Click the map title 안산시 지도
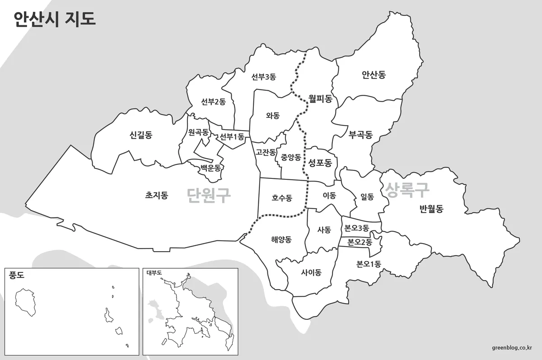(x=55, y=19)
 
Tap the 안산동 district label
(x=374, y=75)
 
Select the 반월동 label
(x=431, y=208)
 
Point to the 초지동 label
(x=157, y=195)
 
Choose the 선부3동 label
(x=264, y=77)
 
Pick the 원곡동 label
(x=198, y=132)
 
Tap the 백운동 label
(x=210, y=168)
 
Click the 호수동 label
(x=282, y=197)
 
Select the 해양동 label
(x=281, y=239)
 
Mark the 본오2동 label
(x=360, y=242)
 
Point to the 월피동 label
(x=320, y=98)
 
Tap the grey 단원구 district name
(x=209, y=195)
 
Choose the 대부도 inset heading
(x=154, y=272)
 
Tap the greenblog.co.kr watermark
(x=512, y=347)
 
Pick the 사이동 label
(x=311, y=272)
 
